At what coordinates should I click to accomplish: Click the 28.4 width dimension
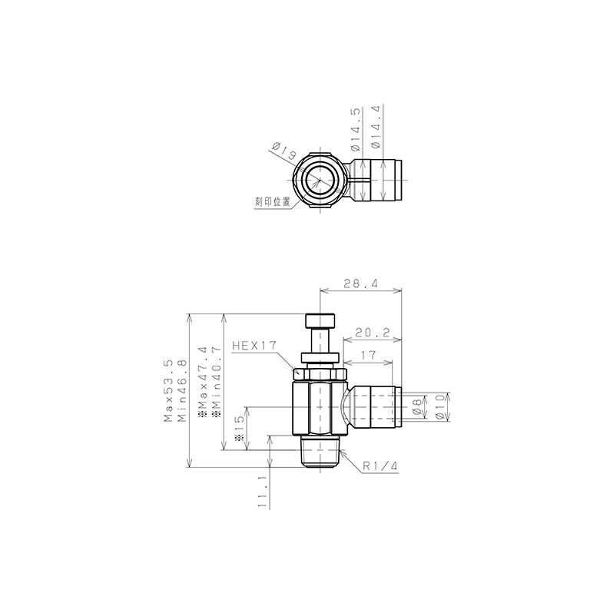tap(360, 283)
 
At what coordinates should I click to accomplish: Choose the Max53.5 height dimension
tap(168, 390)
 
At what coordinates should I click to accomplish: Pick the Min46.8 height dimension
tap(182, 390)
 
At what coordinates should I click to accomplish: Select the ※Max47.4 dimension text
tap(203, 382)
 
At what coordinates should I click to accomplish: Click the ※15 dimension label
tap(239, 430)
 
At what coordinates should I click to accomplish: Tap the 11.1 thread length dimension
tap(263, 492)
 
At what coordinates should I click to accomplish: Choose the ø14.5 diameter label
tap(354, 129)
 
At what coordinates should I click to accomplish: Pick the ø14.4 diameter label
tap(375, 129)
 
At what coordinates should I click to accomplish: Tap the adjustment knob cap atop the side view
tap(321, 320)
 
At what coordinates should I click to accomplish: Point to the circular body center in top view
tap(320, 181)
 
